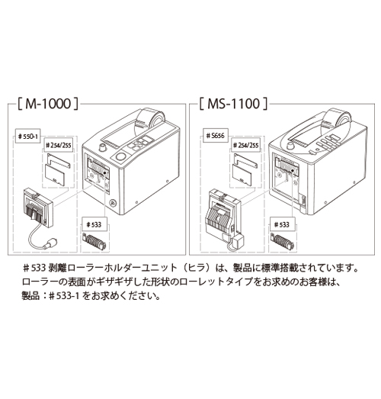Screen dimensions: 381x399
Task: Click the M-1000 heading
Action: coord(48,104)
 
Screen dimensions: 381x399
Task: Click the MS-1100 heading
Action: coord(233,104)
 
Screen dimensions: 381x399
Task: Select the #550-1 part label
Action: coord(28,137)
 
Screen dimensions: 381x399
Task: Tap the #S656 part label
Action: coord(216,136)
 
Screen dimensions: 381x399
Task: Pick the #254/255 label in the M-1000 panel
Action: coord(58,145)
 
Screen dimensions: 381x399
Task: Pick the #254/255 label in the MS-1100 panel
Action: coord(246,145)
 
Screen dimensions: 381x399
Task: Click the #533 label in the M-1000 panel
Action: coord(94,224)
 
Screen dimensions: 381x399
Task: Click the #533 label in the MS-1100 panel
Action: coord(282,224)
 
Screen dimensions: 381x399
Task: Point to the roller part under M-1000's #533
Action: coord(94,242)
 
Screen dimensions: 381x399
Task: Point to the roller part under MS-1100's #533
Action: coord(282,242)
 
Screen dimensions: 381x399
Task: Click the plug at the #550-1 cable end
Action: coord(50,243)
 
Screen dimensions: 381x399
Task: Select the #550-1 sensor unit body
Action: coord(38,208)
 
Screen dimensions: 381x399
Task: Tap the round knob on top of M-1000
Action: coord(102,147)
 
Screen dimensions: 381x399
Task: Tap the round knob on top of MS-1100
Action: coord(290,146)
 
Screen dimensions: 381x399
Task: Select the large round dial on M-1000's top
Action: coord(120,156)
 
